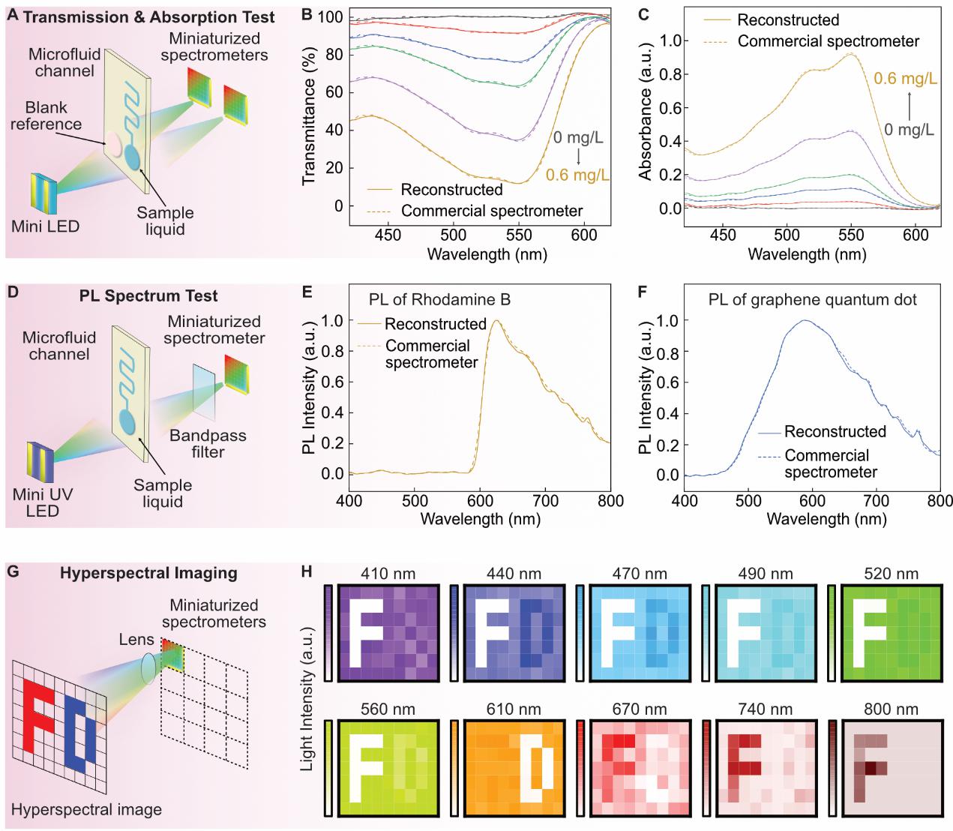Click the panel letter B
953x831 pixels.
[x=307, y=14]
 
